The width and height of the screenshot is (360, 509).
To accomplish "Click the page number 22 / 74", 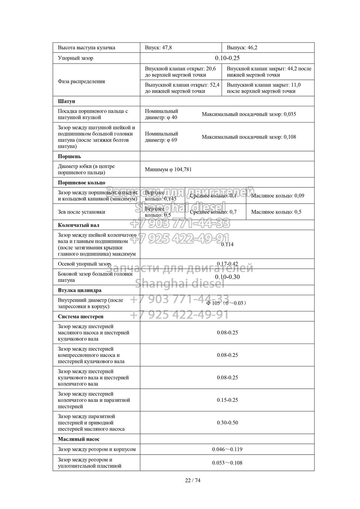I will click(193, 480).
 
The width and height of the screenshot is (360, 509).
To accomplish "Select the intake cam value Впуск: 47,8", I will click(158, 48).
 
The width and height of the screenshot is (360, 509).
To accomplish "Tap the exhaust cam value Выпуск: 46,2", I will click(242, 48).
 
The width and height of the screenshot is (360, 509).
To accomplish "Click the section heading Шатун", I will click(67, 101).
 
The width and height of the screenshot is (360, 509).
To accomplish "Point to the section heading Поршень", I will click(69, 156).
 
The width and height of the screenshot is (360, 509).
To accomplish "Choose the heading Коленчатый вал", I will click(79, 225).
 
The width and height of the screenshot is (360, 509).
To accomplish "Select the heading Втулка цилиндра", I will click(80, 290).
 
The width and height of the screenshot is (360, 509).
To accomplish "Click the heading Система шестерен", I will click(81, 316).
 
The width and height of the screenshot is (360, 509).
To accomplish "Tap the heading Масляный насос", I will click(79, 439).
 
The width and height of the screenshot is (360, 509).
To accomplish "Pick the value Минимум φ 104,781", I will click(168, 170).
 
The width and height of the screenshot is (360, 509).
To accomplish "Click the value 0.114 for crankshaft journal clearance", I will click(227, 244).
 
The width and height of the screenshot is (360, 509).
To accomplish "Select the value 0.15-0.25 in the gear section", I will click(227, 400).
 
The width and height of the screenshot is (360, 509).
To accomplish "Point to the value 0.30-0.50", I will click(227, 422).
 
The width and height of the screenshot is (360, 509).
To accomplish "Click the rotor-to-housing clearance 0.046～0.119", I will click(227, 449).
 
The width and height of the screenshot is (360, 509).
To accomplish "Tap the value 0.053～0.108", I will click(227, 463).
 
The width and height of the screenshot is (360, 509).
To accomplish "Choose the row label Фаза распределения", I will click(81, 81).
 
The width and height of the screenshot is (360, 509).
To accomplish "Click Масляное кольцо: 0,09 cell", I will click(278, 196).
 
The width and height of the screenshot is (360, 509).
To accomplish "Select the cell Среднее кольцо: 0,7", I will click(213, 212).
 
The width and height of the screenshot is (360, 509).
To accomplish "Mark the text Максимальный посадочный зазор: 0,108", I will click(249, 137).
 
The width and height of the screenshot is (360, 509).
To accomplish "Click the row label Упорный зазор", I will click(75, 58).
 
